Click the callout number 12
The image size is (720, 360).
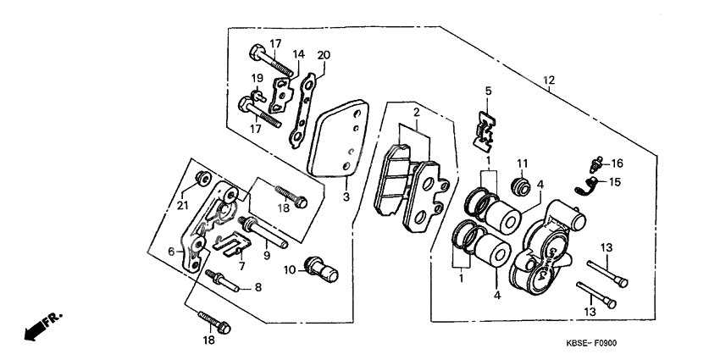(548, 80)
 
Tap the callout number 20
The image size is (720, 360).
(323, 55)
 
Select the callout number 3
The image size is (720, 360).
(346, 197)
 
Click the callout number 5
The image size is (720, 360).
(488, 90)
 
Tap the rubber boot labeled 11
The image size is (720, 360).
(522, 186)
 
